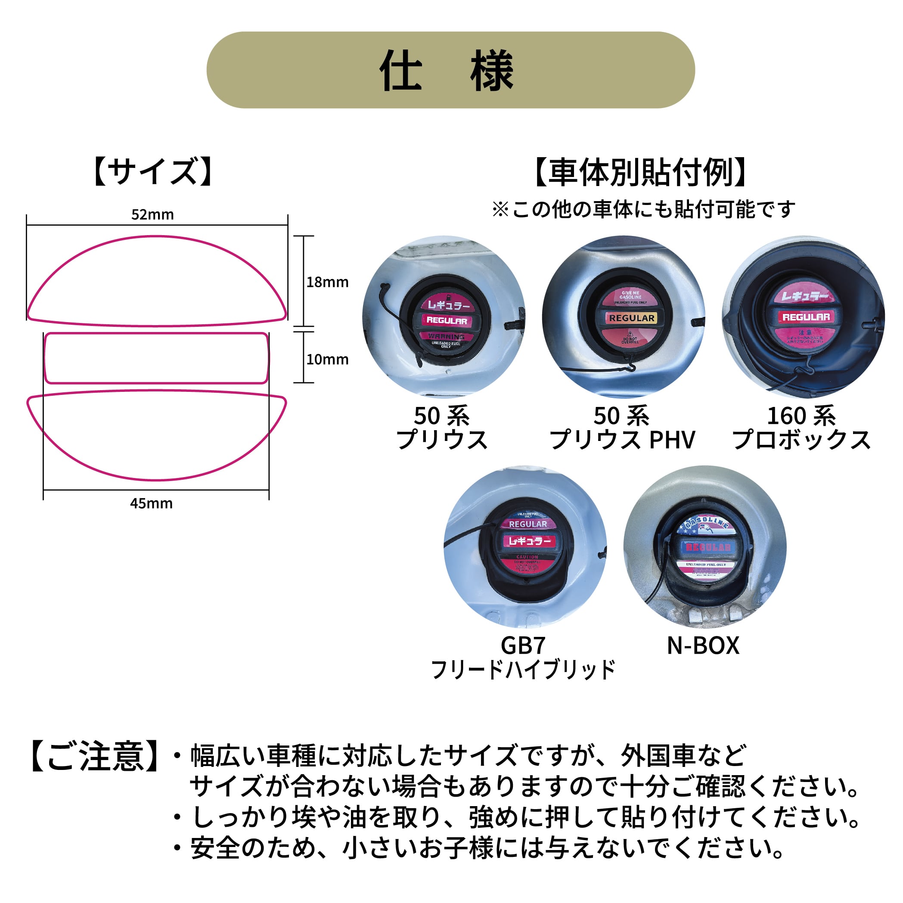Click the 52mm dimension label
[x=152, y=214]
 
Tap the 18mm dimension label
[x=327, y=282]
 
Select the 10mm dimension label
[x=327, y=360]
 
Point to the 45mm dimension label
[x=151, y=503]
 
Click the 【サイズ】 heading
[x=153, y=171]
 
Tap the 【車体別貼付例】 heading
[x=640, y=173]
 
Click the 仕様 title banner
[x=450, y=70]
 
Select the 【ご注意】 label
[x=93, y=757]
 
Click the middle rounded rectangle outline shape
[x=156, y=358]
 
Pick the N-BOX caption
[x=703, y=645]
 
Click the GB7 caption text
[x=523, y=645]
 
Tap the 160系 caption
[x=801, y=416]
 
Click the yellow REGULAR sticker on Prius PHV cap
[x=631, y=318]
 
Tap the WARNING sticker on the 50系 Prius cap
[x=447, y=336]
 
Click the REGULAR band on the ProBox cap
[x=806, y=317]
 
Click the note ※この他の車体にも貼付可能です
[x=643, y=209]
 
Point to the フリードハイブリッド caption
[x=523, y=669]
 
